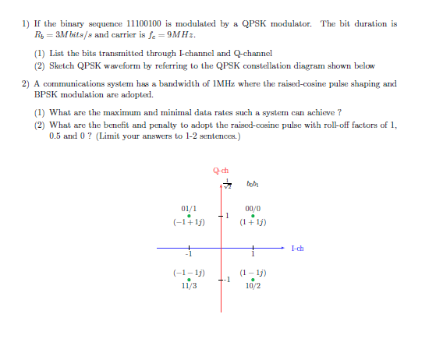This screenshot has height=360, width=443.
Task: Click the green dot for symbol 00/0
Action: point(253,217)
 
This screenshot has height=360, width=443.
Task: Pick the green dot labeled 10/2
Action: point(253,280)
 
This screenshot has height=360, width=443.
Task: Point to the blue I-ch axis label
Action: point(297,249)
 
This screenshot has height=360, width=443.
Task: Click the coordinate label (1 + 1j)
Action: point(253,223)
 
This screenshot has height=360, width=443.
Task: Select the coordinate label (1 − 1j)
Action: point(253,273)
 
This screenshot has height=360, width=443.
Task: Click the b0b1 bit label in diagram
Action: point(251,184)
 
